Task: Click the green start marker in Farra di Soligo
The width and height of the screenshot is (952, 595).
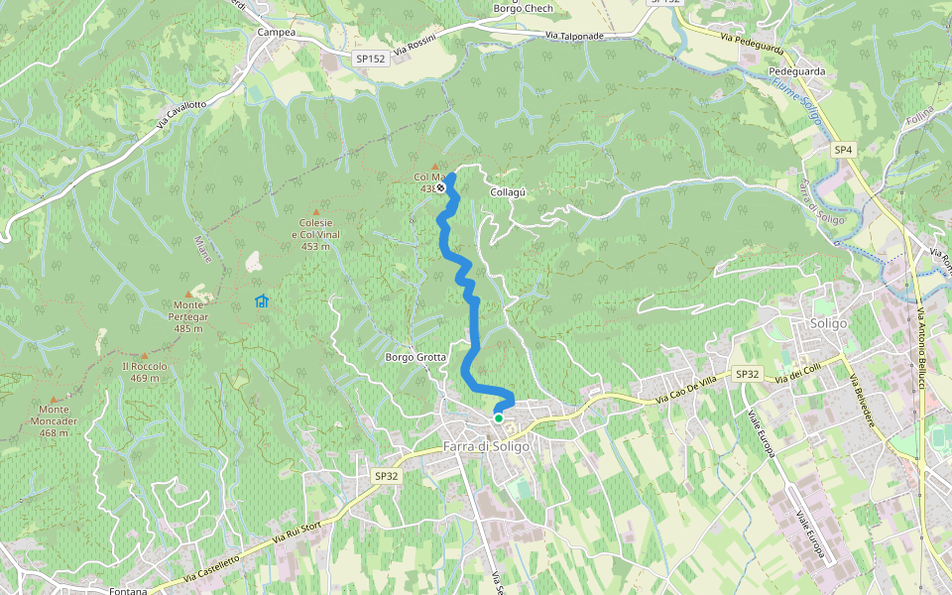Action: point(499,418)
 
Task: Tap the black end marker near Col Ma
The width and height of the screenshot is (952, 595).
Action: point(440,187)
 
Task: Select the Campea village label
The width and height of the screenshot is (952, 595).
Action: point(277,32)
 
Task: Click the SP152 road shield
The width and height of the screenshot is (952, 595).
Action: point(370,59)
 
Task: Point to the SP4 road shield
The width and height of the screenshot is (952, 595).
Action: point(843,150)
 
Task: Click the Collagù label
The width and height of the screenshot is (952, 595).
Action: point(507,191)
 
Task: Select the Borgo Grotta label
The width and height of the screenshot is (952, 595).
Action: point(416,357)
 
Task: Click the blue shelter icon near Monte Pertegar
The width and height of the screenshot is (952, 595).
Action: point(262,300)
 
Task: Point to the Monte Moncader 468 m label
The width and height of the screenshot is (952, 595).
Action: point(54,420)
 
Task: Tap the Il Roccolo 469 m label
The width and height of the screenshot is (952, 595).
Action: point(144,371)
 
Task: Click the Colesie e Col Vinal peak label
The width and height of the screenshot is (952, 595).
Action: point(315,234)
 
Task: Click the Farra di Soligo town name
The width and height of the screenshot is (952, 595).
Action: point(487,446)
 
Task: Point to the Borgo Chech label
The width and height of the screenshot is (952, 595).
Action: point(523,9)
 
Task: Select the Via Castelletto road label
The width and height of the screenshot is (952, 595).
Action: point(211,568)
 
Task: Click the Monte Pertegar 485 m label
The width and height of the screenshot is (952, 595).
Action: point(189,316)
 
